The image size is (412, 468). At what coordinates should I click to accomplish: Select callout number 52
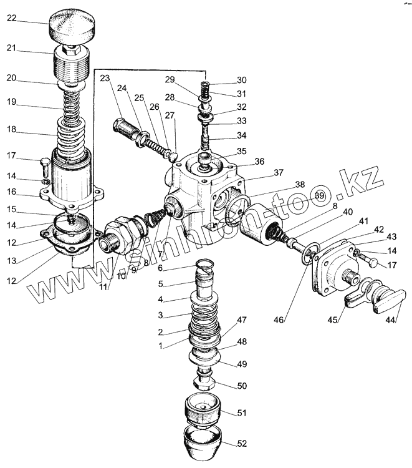(x=242, y=444)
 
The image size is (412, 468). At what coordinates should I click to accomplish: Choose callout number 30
(x=242, y=80)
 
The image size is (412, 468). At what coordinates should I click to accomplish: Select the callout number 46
(x=279, y=320)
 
